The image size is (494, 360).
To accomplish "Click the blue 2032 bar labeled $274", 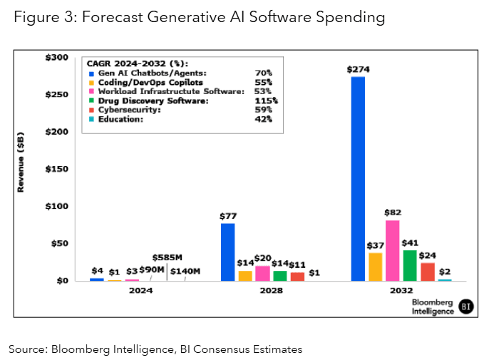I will point(358,178).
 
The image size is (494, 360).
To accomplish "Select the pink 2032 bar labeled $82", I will point(392,250).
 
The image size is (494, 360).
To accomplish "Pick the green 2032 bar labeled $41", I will point(410,265).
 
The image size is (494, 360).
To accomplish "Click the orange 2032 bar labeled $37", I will point(375,267).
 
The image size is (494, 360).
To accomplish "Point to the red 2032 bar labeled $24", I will point(428,272).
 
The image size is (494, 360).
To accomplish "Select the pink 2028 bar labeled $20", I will point(262,273).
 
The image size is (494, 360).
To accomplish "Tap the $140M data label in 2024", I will point(185,271).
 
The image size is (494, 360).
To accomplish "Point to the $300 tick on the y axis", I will point(58,58).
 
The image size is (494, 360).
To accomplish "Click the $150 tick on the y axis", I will point(58,169).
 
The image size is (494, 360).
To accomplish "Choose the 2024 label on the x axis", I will point(140,291).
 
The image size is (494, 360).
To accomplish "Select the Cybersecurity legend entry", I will point(130,110).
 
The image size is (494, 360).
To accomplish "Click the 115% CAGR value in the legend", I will point(267,101).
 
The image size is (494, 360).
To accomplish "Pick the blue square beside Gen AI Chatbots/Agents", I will point(89,73).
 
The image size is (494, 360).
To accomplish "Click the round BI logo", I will point(465,306).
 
